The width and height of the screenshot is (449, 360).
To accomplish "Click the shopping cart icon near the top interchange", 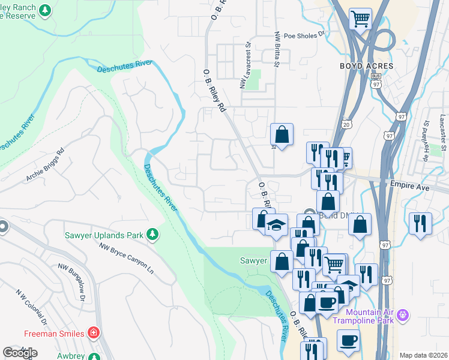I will click(x=360, y=19).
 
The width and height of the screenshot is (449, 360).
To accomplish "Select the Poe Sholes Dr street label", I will click(x=304, y=35).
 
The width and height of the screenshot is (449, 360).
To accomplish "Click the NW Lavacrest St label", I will click(x=245, y=66).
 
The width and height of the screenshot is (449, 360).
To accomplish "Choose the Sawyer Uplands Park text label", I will click(x=104, y=235).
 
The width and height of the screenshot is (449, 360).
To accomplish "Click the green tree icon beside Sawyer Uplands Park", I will click(x=154, y=234).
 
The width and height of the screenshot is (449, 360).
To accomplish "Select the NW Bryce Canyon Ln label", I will click(x=127, y=259).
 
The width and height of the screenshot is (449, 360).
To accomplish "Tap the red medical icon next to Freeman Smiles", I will click(x=93, y=332).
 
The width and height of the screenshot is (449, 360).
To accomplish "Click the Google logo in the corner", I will click(x=20, y=353).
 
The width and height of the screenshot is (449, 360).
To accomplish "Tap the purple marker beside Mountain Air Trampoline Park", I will click(x=403, y=314).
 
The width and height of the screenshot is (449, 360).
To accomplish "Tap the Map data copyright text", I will click(x=423, y=355).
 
